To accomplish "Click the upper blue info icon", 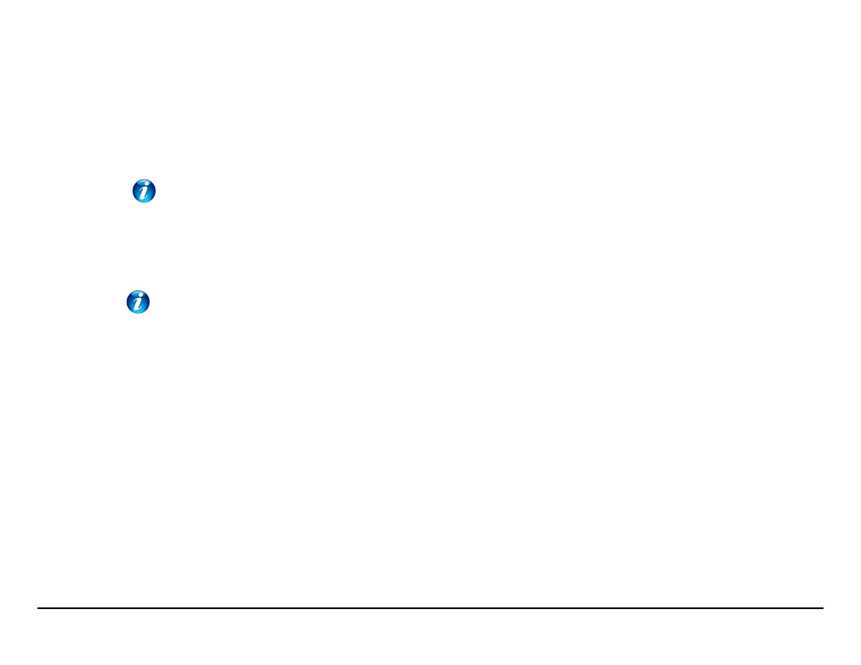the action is (x=145, y=191).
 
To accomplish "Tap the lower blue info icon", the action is (x=138, y=302).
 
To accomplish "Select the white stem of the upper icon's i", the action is (x=144, y=193).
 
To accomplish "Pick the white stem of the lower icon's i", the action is (x=138, y=304).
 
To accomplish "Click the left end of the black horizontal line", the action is (x=38, y=608).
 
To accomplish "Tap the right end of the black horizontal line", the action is (x=822, y=608).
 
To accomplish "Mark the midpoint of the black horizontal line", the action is (x=430, y=608).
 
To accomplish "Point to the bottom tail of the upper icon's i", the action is (x=143, y=198).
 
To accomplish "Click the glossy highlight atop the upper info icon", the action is (x=145, y=183).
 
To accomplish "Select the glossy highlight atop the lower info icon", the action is (x=138, y=293).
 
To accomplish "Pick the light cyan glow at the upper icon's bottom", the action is (x=145, y=200).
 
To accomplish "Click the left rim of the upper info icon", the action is (x=134, y=191).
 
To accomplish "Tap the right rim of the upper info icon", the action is (x=155, y=191).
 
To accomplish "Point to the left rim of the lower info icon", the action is (x=127, y=302).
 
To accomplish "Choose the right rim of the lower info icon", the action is (x=149, y=302).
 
